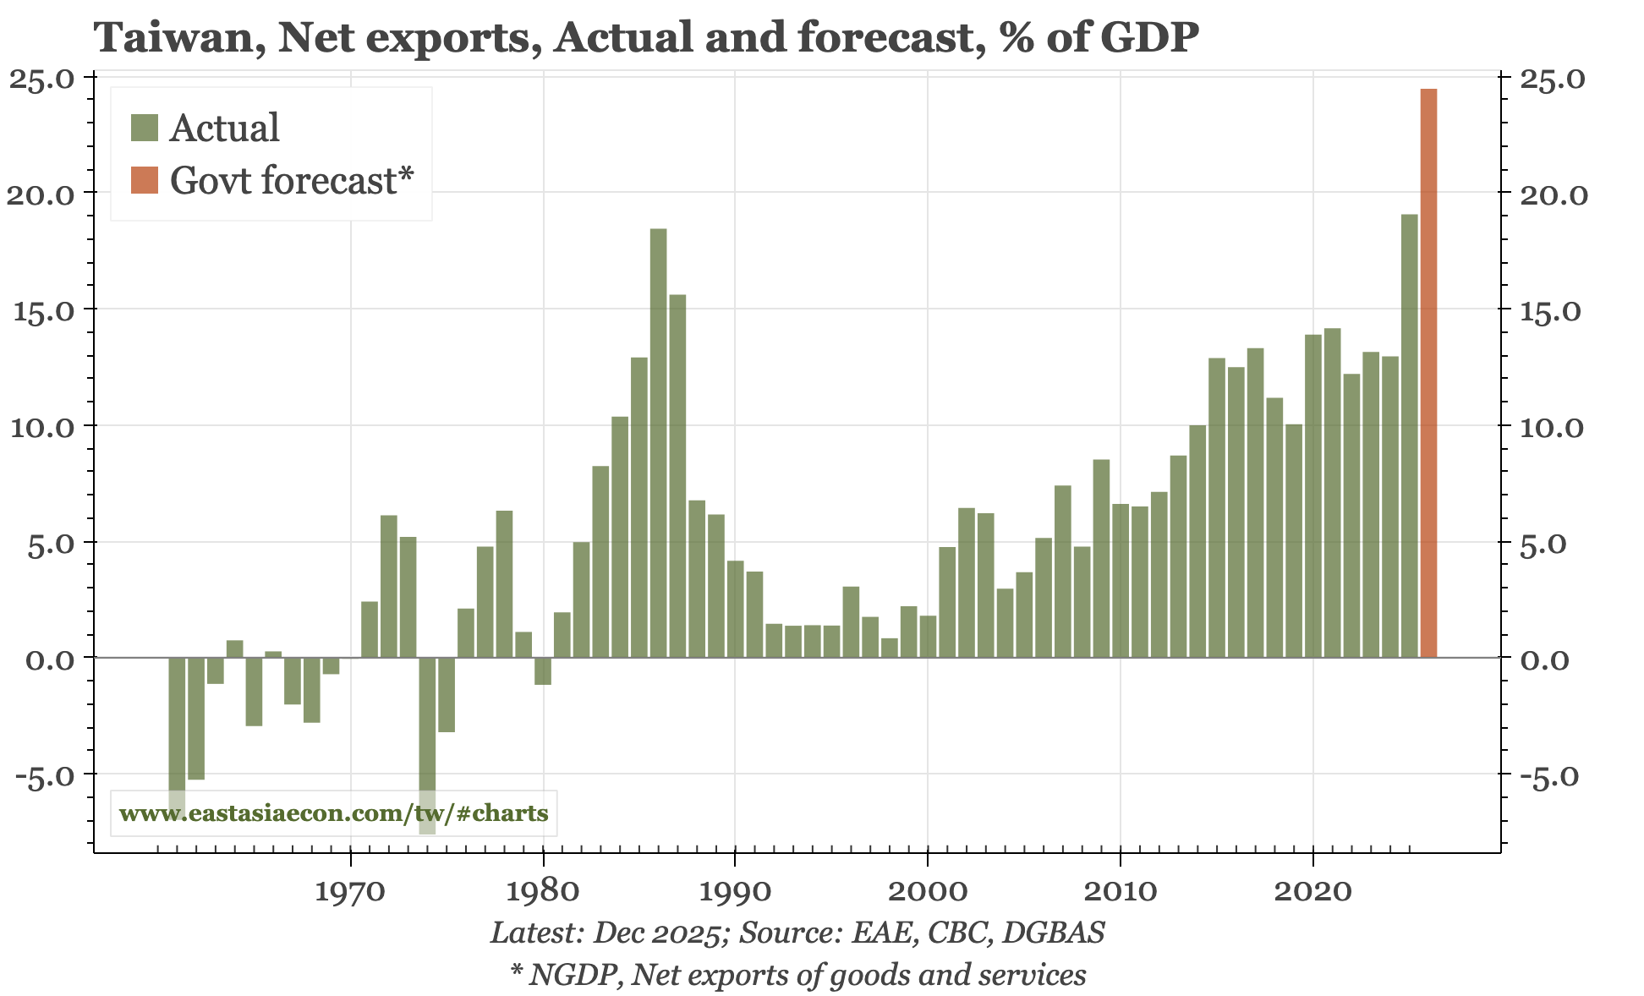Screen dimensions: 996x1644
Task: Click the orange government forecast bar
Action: pyautogui.click(x=1428, y=372)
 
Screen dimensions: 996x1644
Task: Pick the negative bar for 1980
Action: pyautogui.click(x=543, y=670)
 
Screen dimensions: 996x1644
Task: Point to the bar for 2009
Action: pyautogui.click(x=1101, y=558)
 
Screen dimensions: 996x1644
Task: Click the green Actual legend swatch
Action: pyautogui.click(x=145, y=128)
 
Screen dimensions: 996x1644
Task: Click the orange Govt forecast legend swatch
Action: pyautogui.click(x=145, y=180)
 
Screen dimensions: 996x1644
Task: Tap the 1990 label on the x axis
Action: pyautogui.click(x=735, y=892)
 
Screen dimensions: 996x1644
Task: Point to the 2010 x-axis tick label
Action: pyautogui.click(x=1120, y=892)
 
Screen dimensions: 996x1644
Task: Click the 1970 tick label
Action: pyautogui.click(x=350, y=892)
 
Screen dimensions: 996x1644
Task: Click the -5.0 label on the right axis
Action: pyautogui.click(x=1549, y=776)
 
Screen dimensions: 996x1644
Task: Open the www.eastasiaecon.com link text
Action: pyautogui.click(x=333, y=813)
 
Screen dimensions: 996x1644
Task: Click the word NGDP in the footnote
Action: pyautogui.click(x=576, y=975)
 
